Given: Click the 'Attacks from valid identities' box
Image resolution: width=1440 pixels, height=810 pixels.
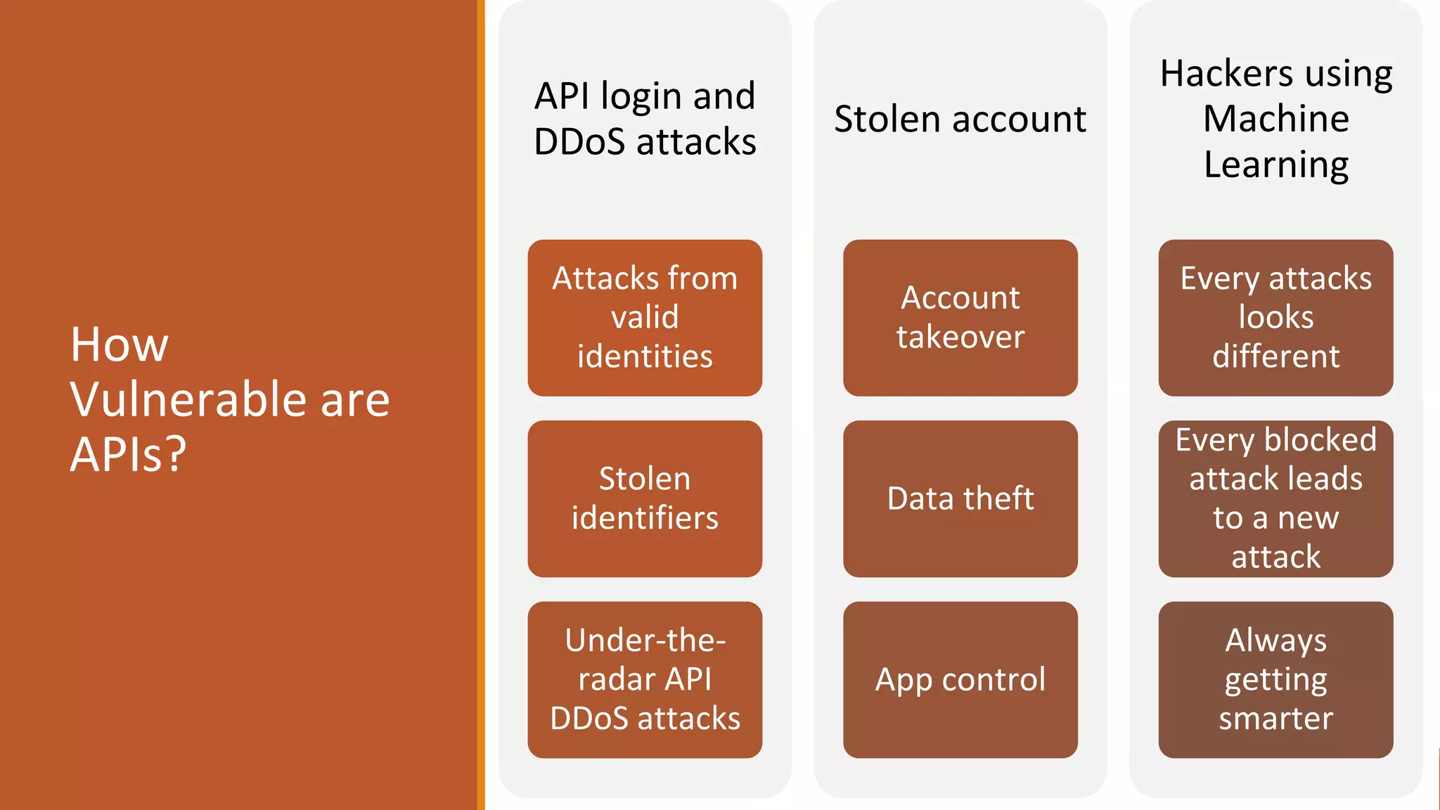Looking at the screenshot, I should (645, 318).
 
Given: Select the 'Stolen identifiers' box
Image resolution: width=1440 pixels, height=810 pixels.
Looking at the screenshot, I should (645, 499).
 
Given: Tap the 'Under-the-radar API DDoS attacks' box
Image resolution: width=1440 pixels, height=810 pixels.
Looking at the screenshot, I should (645, 679).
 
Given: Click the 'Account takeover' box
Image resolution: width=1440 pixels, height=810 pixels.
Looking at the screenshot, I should (960, 318).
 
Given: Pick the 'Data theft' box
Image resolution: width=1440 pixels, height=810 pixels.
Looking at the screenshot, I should (960, 499).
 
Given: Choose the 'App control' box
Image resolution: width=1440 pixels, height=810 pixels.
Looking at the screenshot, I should (960, 679).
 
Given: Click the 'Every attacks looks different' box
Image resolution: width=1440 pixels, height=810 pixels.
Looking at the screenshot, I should (1275, 318).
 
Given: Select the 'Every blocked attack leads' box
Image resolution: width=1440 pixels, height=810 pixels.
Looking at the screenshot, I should (1275, 499).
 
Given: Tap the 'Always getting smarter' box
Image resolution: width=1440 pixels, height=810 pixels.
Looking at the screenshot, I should (1275, 679).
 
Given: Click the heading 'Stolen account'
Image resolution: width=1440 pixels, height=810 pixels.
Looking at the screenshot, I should (960, 119).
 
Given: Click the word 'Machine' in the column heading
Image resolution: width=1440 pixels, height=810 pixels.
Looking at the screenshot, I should (1275, 118).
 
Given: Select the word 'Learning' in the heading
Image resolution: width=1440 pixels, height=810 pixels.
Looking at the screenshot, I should (1275, 165).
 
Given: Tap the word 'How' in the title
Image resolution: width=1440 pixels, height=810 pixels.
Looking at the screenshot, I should (120, 345).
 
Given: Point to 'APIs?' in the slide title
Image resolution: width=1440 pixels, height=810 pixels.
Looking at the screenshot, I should (128, 454).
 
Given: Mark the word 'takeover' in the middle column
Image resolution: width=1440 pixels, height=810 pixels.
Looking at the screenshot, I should (960, 337).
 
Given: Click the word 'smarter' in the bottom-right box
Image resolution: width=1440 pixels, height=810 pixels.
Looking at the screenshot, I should (1275, 719).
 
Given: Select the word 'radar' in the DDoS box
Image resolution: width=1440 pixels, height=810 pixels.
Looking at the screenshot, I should (616, 679).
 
